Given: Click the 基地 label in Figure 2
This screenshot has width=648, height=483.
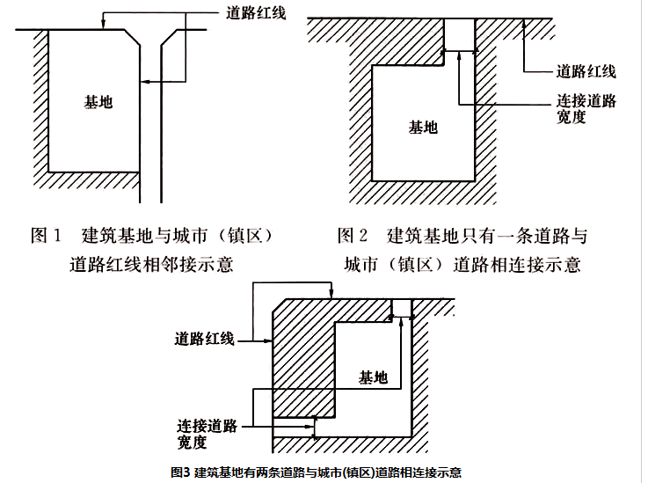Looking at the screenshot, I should [423, 128].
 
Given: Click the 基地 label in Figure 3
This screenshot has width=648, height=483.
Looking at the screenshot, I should [373, 377].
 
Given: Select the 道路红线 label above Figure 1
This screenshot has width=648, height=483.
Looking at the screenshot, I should [251, 15].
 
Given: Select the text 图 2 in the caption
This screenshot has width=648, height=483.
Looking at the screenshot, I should [353, 236].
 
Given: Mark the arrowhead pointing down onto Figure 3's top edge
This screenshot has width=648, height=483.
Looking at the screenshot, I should [328, 295].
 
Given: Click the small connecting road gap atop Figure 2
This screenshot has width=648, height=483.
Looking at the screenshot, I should [458, 33].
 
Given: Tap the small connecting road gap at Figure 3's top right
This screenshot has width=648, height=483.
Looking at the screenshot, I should [401, 307].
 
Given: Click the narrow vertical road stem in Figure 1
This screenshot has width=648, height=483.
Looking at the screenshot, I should [159, 132].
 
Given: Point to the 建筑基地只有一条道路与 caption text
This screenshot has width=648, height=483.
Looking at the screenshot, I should [486, 236].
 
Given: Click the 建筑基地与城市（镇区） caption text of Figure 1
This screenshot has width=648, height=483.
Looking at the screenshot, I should [180, 236].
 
